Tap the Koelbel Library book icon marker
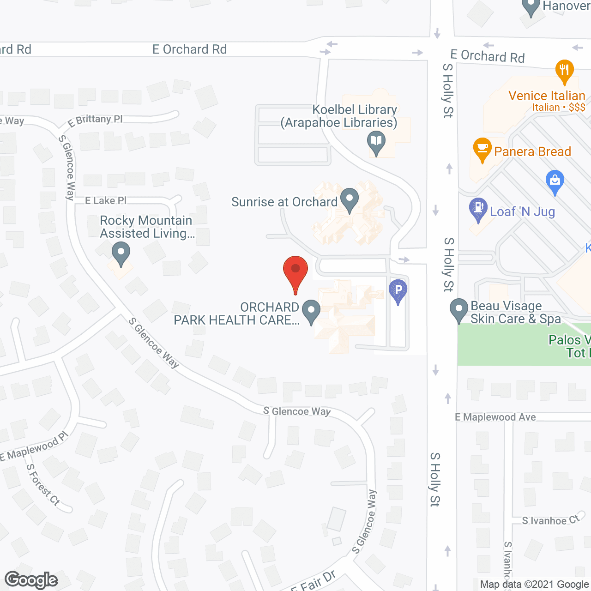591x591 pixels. [376, 143]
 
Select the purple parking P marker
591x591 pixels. [398, 291]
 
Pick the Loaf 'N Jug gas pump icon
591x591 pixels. [478, 210]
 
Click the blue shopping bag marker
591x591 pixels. [555, 182]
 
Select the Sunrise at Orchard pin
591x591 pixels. [350, 200]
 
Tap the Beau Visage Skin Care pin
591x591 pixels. [459, 310]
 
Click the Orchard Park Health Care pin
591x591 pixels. [311, 311]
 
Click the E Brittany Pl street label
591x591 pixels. [95, 121]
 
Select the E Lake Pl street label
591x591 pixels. [106, 200]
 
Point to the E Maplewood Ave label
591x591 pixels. [495, 417]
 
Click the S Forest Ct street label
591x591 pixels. [43, 484]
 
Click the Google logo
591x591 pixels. [31, 580]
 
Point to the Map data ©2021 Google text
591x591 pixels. [534, 585]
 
